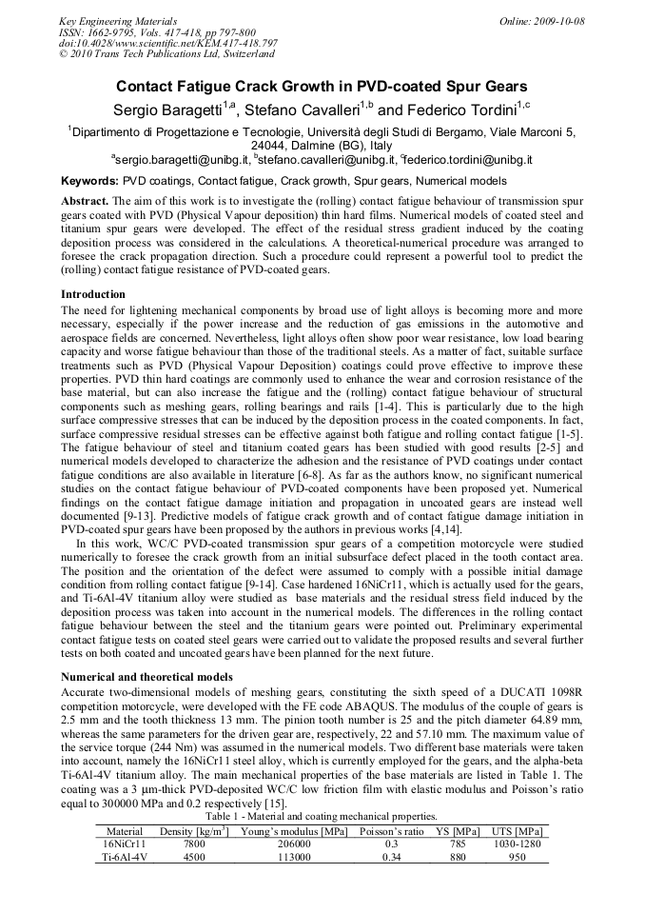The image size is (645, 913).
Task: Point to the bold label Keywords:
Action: pos(90,180)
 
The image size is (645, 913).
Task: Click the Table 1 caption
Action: pos(322,816)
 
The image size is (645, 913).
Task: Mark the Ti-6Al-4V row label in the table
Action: pos(124,857)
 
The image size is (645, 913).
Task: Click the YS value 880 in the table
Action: pos(458,857)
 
